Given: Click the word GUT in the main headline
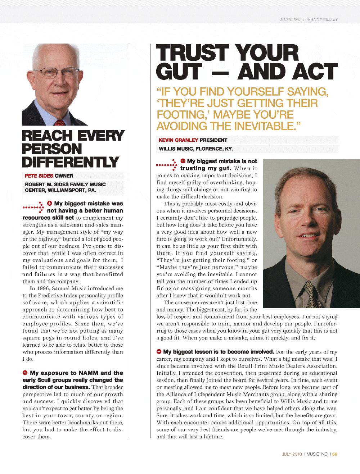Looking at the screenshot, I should click(x=179, y=72).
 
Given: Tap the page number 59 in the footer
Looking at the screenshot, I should click(x=335, y=454).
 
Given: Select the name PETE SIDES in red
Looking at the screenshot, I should click(x=39, y=176).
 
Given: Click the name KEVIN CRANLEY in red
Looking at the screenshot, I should click(x=178, y=140).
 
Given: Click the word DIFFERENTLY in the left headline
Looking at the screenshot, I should click(x=71, y=162).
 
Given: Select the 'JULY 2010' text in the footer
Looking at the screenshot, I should click(x=292, y=454).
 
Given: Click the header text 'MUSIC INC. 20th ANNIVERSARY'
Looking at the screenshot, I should click(x=309, y=20).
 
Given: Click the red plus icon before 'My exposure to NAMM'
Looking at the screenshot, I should click(x=25, y=373).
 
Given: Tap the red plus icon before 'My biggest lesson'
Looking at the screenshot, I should click(x=159, y=351).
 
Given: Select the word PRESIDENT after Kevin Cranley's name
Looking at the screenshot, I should click(x=213, y=140).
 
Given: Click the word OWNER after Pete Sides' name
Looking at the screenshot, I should click(x=64, y=176).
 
